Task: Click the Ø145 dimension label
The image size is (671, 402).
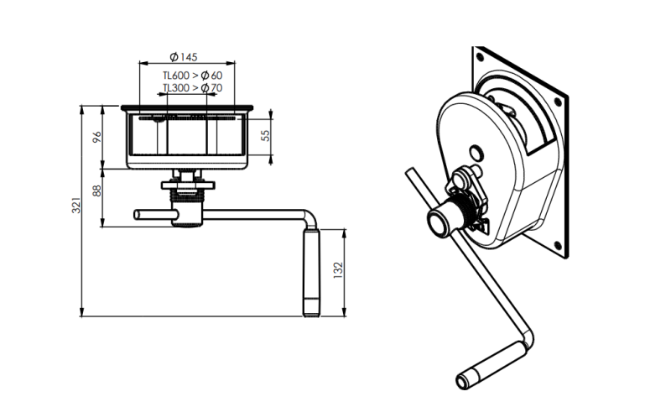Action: point(183,56)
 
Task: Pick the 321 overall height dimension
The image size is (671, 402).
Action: point(75,205)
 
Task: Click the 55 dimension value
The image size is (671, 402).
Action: point(265,135)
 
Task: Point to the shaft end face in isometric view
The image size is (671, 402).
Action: point(440,222)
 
